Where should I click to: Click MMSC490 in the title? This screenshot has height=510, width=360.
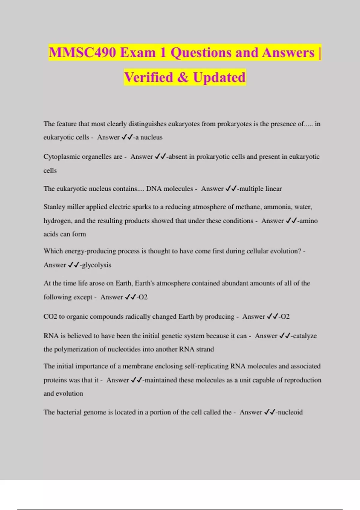click(82, 53)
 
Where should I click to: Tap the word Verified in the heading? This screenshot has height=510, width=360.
click(148, 77)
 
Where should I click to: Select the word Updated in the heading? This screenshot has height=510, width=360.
click(219, 77)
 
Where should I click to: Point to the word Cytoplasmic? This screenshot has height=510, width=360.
click(62, 157)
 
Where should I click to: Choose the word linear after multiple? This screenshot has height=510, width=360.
click(273, 189)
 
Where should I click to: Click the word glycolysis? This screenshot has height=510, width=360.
click(96, 265)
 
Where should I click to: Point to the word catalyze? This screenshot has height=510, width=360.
click(304, 336)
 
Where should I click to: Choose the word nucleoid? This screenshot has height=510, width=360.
click(290, 412)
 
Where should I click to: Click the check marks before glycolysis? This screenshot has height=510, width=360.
click(73, 265)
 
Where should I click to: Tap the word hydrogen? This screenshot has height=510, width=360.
click(57, 221)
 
